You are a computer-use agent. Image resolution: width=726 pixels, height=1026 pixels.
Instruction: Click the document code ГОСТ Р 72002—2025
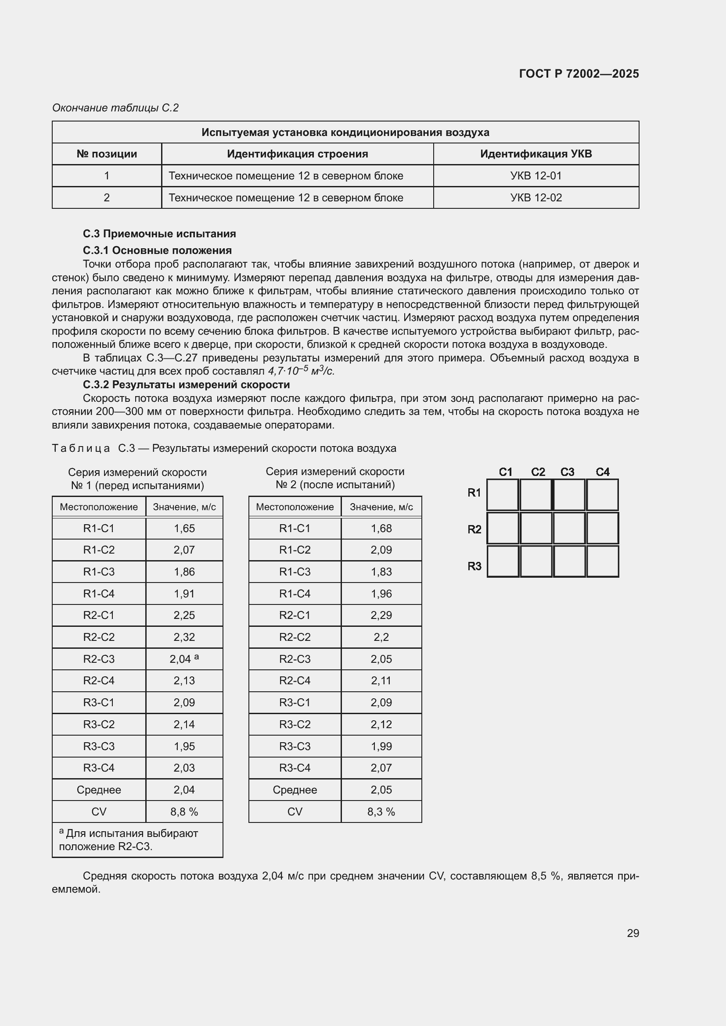point(579,74)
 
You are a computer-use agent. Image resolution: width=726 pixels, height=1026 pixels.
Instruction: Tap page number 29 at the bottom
point(633,933)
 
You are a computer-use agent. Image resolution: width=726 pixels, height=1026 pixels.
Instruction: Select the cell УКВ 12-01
point(536,175)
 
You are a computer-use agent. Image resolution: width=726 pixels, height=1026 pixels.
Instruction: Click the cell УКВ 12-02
point(536,197)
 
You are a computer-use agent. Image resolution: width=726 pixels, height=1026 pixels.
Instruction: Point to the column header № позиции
point(106,154)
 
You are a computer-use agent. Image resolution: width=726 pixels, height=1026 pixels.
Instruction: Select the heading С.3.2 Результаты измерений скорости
point(186,385)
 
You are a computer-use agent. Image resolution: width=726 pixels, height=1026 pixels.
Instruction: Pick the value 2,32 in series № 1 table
point(184,637)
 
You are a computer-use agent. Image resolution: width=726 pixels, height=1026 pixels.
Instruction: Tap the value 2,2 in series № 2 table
point(381,637)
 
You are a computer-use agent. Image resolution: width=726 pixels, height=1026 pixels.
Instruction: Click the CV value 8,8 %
point(184,812)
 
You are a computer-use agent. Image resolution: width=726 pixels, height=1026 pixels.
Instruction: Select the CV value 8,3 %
point(381,812)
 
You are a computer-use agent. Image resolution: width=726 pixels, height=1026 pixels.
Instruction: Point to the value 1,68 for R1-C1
point(381,528)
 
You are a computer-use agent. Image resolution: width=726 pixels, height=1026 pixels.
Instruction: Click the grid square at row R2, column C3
point(569,528)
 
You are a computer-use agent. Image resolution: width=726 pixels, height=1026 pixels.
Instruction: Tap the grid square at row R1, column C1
point(503,495)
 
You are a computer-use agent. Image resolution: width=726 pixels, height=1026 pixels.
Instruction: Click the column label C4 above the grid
point(602,472)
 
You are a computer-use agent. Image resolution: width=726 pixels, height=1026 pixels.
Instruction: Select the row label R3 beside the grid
point(474,566)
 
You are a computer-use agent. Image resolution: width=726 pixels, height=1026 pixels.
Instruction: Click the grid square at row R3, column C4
point(602,561)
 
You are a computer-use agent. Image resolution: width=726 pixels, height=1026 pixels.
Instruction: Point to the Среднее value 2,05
point(381,790)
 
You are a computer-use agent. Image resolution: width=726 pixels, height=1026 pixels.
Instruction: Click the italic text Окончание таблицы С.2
point(115,108)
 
